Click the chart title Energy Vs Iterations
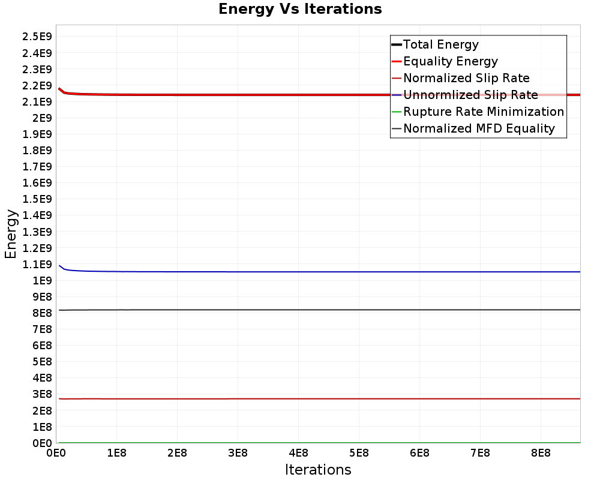(x=300, y=9)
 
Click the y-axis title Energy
(x=10, y=233)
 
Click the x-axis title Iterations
(x=318, y=469)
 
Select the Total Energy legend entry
(x=440, y=44)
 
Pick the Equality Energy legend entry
(x=450, y=61)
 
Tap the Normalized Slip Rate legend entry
(x=466, y=78)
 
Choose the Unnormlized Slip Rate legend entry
(x=470, y=95)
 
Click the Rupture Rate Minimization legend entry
(x=483, y=112)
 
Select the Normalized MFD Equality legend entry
(x=479, y=128)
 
